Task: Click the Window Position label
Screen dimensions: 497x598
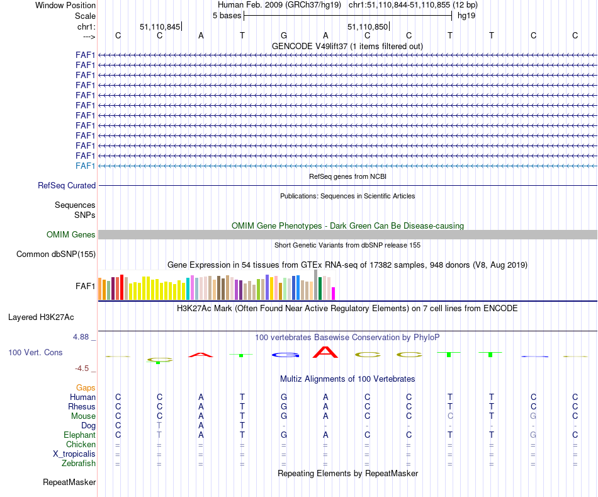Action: click(65, 5)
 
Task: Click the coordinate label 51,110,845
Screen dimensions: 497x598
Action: click(160, 26)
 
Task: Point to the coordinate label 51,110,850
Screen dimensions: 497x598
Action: click(368, 26)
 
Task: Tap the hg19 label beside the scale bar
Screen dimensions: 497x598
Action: click(466, 15)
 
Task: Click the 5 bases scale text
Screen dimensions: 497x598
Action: click(227, 15)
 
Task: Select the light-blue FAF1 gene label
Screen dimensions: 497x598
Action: click(86, 166)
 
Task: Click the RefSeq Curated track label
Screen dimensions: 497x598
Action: click(67, 185)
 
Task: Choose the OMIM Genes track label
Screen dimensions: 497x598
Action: click(71, 234)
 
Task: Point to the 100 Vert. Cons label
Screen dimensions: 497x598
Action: click(35, 352)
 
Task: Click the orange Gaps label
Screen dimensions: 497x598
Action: click(86, 387)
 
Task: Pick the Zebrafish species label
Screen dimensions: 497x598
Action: click(79, 463)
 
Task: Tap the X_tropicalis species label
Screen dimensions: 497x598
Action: click(74, 454)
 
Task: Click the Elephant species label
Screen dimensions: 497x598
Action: click(79, 435)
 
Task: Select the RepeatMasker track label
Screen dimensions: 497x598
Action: click(69, 483)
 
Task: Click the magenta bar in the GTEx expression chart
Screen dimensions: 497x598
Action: click(334, 294)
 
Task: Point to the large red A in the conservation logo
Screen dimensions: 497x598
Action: click(325, 351)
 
